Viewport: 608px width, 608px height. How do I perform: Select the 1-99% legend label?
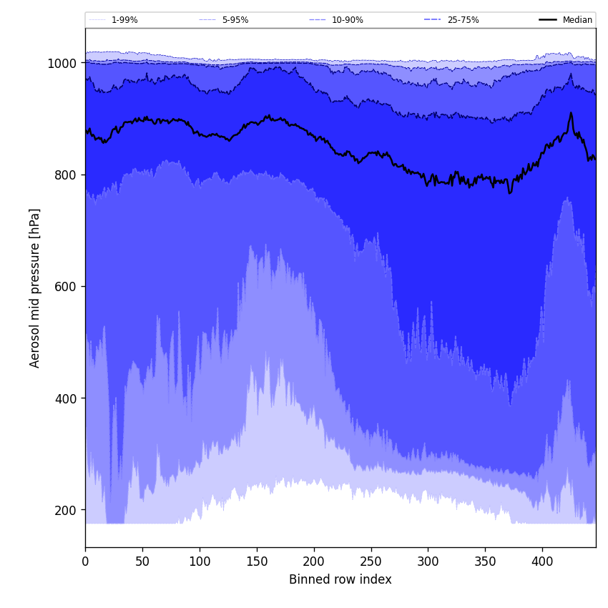(x=124, y=20)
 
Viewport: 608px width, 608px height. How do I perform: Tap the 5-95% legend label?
(x=235, y=20)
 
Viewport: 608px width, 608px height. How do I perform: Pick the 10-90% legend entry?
(x=347, y=20)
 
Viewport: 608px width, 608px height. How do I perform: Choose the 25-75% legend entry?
(x=463, y=20)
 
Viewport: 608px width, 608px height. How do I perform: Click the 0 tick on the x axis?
(x=85, y=562)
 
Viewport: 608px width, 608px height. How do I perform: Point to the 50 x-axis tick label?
(x=142, y=562)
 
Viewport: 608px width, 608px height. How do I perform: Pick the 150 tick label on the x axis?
(x=257, y=562)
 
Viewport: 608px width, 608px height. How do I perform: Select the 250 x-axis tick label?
(x=371, y=562)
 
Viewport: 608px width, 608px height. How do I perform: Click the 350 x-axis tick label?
(x=485, y=562)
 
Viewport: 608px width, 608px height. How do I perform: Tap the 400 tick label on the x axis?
(x=542, y=562)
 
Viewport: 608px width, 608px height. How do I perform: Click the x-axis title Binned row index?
(x=340, y=579)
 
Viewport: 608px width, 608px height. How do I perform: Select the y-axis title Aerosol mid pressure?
(x=35, y=288)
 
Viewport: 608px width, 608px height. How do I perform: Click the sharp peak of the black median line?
(x=571, y=112)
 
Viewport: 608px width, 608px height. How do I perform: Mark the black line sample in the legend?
(x=548, y=20)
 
